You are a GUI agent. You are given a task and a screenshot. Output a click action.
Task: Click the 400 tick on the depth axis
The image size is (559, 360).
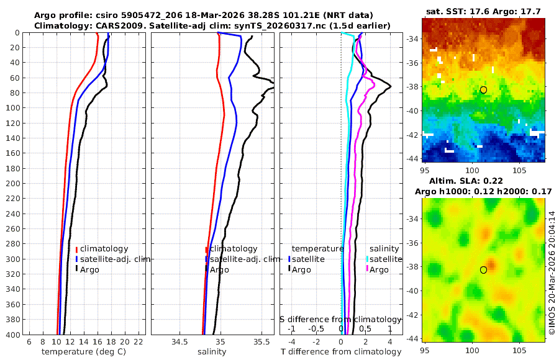coord(12,335)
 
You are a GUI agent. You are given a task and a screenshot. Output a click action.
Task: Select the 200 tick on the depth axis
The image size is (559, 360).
coord(12,183)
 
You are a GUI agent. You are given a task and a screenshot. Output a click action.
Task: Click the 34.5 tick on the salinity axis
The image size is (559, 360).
coord(180,342)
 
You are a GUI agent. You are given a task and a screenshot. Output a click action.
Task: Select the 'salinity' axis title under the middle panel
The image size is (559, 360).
coord(212,352)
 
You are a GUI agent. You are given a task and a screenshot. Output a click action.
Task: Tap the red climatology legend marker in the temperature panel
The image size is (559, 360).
coord(76,250)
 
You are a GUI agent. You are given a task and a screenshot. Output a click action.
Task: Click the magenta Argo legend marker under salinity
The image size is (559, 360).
coord(367,269)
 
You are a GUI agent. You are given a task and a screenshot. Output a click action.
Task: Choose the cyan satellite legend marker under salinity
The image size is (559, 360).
coord(367,259)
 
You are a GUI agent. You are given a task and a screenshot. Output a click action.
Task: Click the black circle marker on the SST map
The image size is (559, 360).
coord(483,90)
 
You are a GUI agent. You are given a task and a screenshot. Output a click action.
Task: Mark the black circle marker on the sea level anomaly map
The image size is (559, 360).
coord(483,270)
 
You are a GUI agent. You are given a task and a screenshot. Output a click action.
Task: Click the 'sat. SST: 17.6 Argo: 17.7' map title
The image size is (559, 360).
coord(483,11)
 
